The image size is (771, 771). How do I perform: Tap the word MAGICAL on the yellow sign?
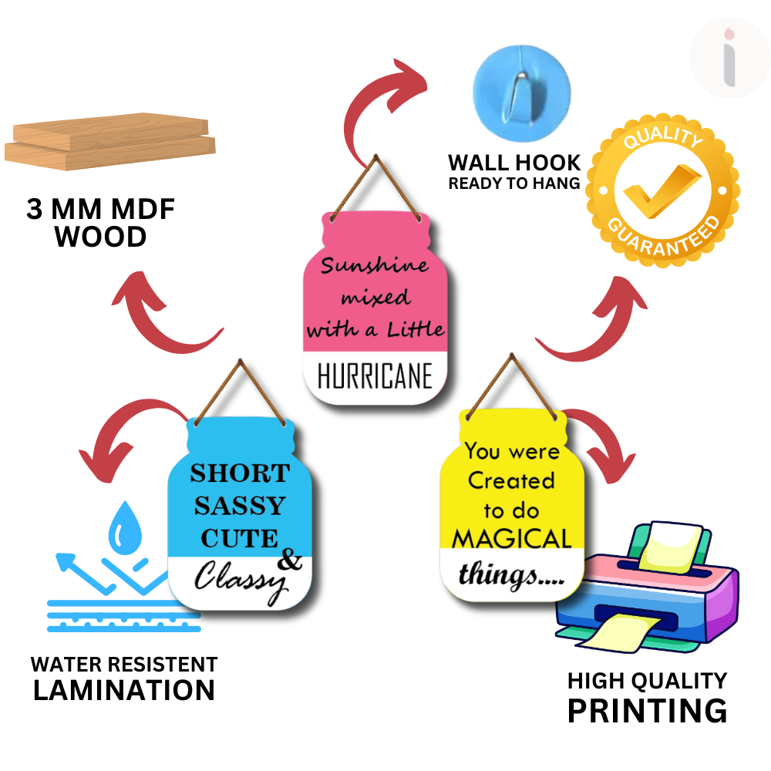511,537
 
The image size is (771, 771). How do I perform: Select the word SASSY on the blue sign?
239,506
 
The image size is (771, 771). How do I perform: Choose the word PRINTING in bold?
647,710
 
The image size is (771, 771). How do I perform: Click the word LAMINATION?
124,690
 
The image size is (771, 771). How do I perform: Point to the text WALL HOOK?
514,163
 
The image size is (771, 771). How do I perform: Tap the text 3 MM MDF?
101,210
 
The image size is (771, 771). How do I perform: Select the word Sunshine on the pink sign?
375,266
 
